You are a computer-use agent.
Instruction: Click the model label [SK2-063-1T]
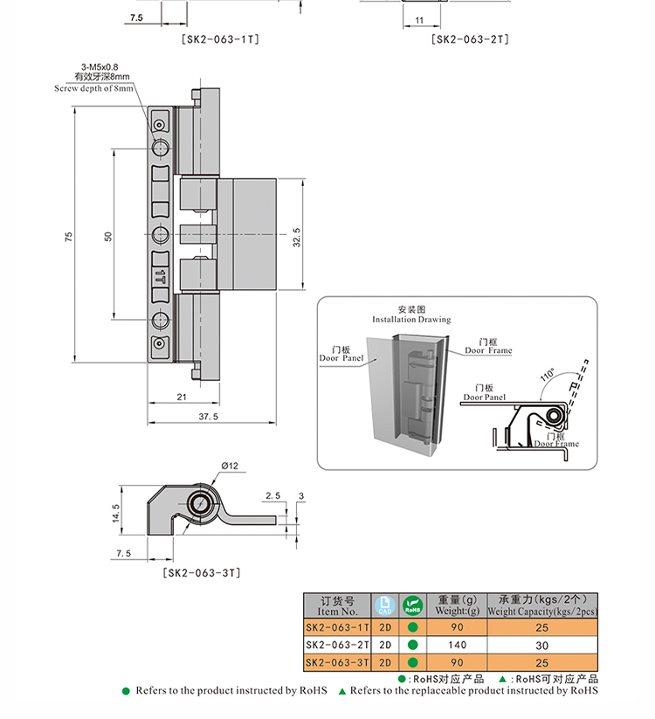220,39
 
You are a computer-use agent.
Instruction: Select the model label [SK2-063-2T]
470,39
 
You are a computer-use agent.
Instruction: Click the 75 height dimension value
69,237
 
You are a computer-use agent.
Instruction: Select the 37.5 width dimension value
208,417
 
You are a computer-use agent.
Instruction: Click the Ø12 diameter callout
230,466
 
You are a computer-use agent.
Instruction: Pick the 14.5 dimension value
115,514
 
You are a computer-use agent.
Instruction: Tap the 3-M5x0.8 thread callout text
100,67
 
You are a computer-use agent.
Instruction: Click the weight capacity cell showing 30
541,645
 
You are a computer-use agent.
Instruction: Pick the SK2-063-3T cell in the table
338,663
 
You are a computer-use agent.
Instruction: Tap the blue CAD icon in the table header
385,605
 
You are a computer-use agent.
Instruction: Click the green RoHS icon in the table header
411,605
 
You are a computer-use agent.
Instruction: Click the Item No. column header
338,605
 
